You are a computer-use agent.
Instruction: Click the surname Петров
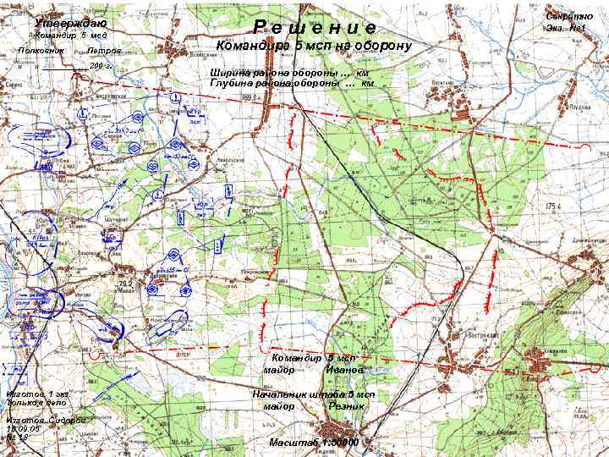tap(104, 52)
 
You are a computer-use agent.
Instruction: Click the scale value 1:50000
tap(336, 443)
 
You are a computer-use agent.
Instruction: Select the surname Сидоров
tap(65, 421)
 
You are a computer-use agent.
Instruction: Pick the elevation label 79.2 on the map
tap(125, 284)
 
